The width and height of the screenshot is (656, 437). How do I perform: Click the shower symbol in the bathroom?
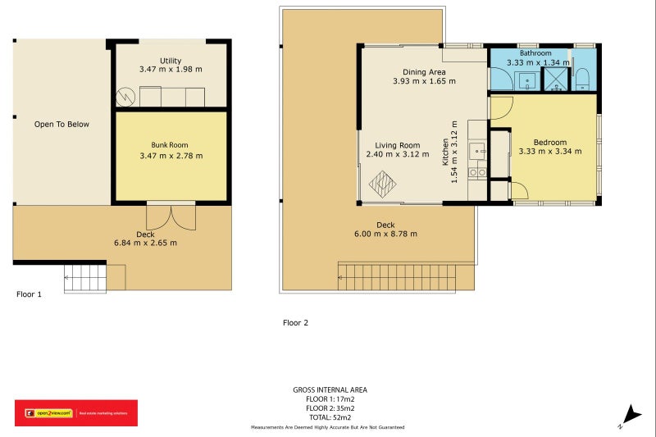pos(557,79)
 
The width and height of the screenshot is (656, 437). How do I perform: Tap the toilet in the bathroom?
pos(583,79)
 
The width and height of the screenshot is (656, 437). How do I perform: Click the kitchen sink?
pos(476,151)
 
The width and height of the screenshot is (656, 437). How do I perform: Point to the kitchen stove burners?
pos(476,173)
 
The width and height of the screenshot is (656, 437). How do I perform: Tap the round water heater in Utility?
pos(125,97)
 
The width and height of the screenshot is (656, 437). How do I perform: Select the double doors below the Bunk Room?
pos(171,216)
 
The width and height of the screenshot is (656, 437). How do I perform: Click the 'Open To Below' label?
pos(61,125)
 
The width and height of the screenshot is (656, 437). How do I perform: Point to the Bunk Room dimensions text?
pos(171,156)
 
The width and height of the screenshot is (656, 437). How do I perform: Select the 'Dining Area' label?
pos(424,71)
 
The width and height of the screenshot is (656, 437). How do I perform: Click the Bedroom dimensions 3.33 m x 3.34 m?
pos(550,151)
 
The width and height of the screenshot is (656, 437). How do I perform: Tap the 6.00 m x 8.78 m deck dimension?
pos(385,234)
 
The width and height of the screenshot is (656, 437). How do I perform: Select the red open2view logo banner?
pos(76,412)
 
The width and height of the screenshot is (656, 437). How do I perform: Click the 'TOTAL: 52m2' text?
pos(330,417)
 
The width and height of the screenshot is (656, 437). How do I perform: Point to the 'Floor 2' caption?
pos(295,323)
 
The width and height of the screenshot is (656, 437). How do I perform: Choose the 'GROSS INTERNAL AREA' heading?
pos(330,390)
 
